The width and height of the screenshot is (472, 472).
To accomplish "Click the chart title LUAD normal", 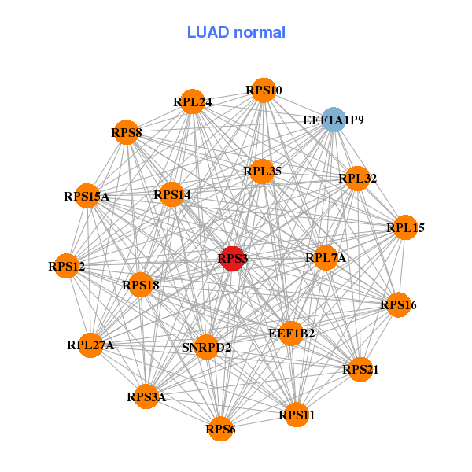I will tap(236, 32).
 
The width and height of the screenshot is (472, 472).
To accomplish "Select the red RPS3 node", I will tap(232, 258).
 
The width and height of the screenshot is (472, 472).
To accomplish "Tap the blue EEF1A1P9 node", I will tap(334, 120).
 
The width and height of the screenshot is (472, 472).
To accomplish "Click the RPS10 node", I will tap(263, 90).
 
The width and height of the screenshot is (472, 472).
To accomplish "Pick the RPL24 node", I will tap(193, 101).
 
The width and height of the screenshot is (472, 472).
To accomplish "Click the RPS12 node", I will tap(68, 267).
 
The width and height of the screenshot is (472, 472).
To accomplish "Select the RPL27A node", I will tap(91, 345).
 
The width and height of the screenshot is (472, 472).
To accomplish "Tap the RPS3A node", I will tap(147, 396).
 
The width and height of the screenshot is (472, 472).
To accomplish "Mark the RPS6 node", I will tap(220, 429).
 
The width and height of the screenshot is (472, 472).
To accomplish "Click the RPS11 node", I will tap(296, 415).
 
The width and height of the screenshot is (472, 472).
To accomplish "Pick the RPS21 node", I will tap(360, 369).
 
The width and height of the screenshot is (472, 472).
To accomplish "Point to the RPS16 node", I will tap(398, 304).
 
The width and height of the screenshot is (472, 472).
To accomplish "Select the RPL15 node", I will tap(405, 228).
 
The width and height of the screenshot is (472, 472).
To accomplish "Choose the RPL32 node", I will tap(357, 179).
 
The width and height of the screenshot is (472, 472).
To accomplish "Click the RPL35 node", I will tap(262, 171).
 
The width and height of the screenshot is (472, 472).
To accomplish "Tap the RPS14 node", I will tap(172, 194).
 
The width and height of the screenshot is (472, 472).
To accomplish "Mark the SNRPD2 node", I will tap(206, 347).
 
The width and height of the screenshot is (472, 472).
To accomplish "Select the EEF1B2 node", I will tap(291, 334).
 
